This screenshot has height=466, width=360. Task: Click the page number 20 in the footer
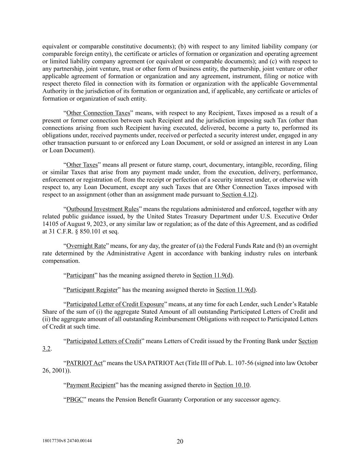point(180,441)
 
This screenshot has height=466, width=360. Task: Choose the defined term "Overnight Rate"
point(86,246)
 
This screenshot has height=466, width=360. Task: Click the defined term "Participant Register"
point(92,290)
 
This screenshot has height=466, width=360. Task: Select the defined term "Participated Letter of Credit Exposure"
point(115,304)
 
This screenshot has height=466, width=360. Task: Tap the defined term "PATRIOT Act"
point(84,363)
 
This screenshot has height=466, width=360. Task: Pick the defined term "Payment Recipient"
point(91,385)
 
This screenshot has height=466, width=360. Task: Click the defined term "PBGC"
point(75,399)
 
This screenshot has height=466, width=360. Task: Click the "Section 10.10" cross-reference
point(232,385)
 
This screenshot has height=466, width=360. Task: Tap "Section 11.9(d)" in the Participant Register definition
point(235,290)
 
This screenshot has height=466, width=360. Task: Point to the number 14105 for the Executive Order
point(50,224)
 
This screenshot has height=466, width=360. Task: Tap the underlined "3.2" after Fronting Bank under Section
point(46,349)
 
